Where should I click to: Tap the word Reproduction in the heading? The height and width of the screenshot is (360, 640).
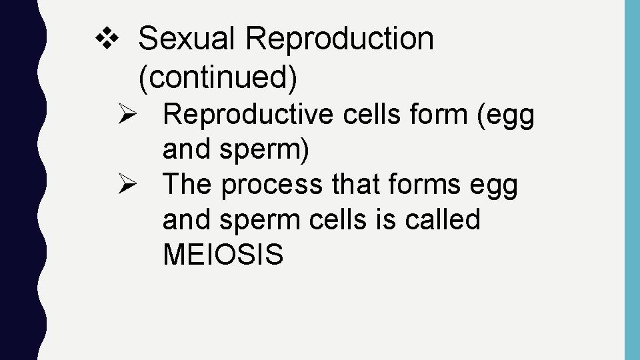click(x=339, y=39)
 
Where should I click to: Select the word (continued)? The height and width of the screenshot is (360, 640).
click(x=217, y=77)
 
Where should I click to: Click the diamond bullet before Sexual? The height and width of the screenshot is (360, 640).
click(x=105, y=39)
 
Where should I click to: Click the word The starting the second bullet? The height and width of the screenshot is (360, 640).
click(x=187, y=185)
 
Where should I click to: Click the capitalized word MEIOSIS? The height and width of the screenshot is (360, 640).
click(x=223, y=255)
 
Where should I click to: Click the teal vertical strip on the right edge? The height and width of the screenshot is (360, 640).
click(x=631, y=180)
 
